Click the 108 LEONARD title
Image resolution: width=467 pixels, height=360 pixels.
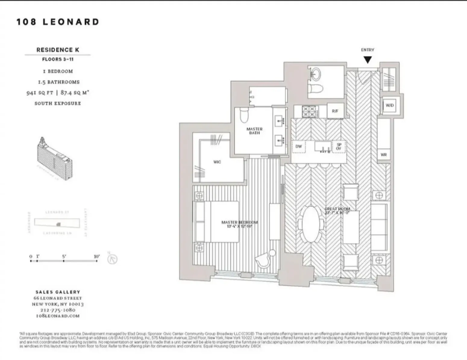tap(58, 22)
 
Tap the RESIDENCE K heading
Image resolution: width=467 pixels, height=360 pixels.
tap(58, 50)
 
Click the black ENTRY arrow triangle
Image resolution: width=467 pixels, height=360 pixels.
tap(368, 60)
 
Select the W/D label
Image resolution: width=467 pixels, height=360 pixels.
tap(390, 105)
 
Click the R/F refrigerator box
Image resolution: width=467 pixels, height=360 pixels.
tap(335, 111)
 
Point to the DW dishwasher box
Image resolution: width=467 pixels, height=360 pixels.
tap(299, 147)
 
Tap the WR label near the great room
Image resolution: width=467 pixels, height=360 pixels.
tap(384, 155)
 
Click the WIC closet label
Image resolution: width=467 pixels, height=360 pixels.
tap(217, 162)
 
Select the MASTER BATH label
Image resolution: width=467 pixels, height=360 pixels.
tap(255, 131)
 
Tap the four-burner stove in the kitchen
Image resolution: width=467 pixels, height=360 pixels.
tap(309, 111)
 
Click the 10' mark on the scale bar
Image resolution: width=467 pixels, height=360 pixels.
tap(96, 261)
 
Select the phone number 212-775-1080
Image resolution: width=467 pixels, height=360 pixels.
tap(58, 310)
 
